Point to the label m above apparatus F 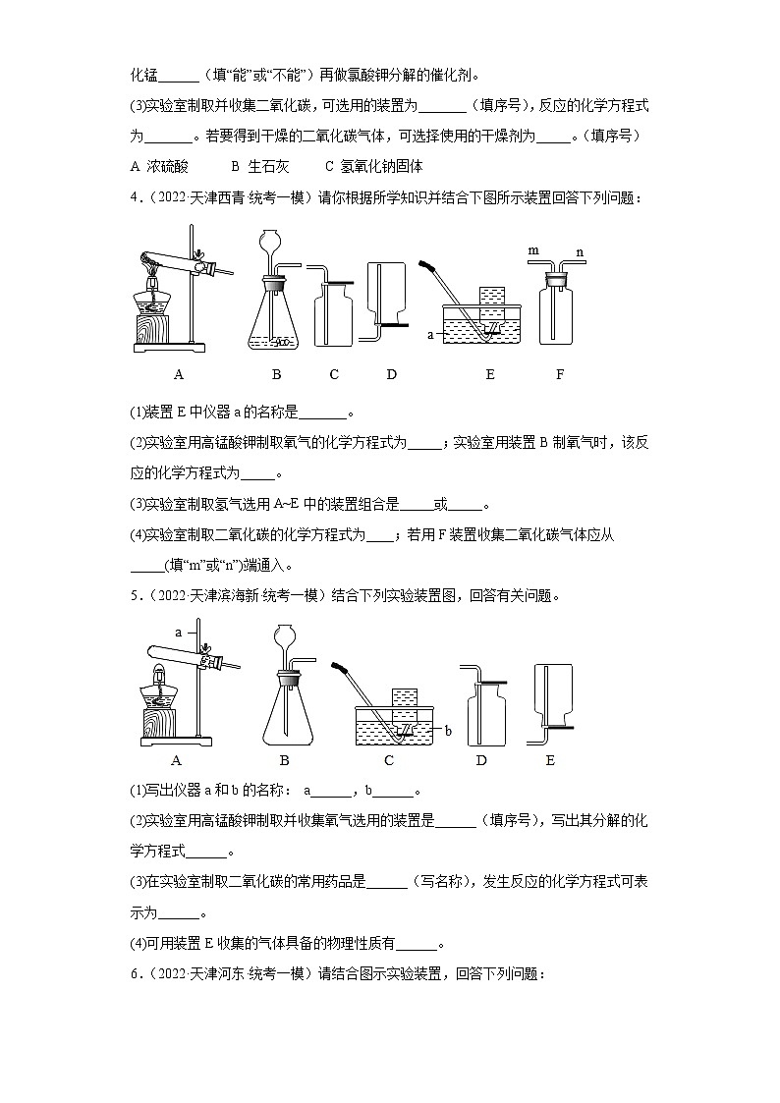tap(533, 251)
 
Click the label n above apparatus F tap(581, 251)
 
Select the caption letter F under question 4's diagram tap(560, 374)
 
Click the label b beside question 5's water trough tap(447, 730)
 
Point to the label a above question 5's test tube tap(179, 631)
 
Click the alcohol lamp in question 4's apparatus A tap(156, 295)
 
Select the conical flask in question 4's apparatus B tap(276, 319)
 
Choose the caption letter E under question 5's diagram tap(550, 760)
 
